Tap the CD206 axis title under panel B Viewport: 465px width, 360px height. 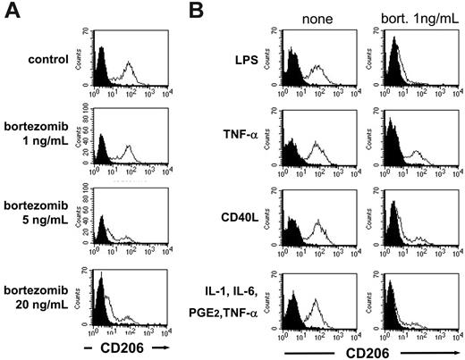coord(370,351)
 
